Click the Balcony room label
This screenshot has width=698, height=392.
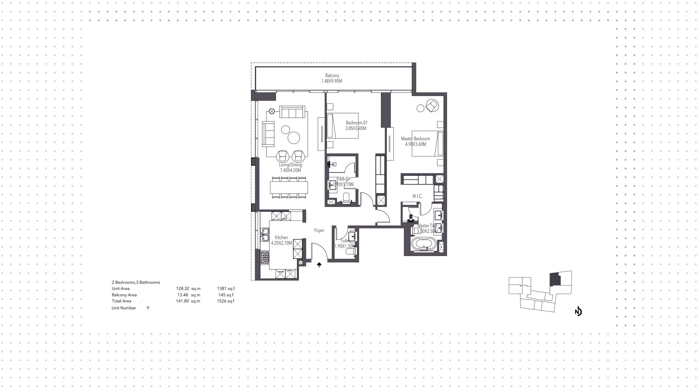[x=332, y=76]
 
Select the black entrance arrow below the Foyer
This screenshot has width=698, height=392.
[x=319, y=265]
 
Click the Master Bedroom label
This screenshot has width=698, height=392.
[x=415, y=139]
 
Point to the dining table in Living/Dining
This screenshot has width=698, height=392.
[x=289, y=188]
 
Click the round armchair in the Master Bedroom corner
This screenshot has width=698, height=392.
[x=432, y=105]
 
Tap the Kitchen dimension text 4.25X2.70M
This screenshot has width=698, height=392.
[x=281, y=243]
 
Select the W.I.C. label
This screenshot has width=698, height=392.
[x=417, y=196]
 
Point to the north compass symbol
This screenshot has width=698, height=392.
[x=578, y=312]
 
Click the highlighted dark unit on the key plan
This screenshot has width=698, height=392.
[x=555, y=280]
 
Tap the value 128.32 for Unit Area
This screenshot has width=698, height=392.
[x=182, y=289]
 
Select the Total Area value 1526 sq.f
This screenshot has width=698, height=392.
[x=225, y=301]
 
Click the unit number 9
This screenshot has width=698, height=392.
[x=148, y=308]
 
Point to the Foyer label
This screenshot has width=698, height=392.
[x=319, y=231]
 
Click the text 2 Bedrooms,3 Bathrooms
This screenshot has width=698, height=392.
[x=136, y=282]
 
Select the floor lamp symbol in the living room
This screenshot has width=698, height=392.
[x=272, y=111]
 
